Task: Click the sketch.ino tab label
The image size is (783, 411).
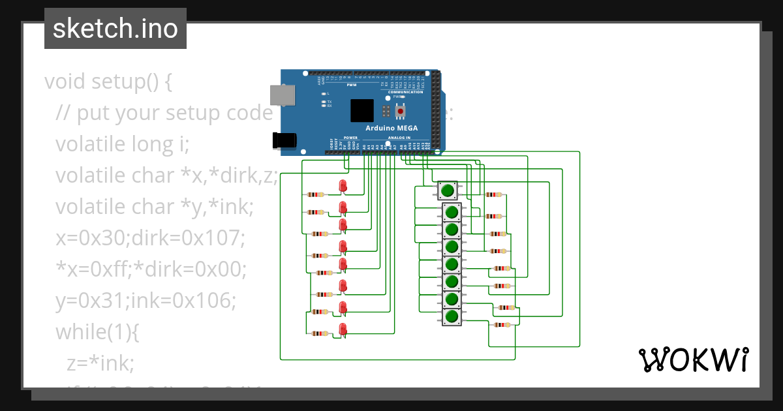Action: point(115,29)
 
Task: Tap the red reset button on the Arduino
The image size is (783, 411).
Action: point(401,111)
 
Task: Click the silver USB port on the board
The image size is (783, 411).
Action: point(283,96)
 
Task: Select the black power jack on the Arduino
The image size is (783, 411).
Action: point(284,140)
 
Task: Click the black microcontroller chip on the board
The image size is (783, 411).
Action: point(362,110)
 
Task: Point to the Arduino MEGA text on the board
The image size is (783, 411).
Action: point(391,128)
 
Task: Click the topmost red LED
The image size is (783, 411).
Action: point(343,186)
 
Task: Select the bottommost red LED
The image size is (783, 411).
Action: point(343,329)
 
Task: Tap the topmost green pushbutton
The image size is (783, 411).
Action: point(447,190)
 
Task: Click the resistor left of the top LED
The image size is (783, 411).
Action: point(316,194)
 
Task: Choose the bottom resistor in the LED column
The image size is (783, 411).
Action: point(320,333)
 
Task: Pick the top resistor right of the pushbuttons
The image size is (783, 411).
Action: point(494,194)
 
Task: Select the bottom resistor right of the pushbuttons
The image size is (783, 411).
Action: point(502,325)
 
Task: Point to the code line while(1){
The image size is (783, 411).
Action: point(97,331)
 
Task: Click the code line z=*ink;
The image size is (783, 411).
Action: point(100,363)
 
